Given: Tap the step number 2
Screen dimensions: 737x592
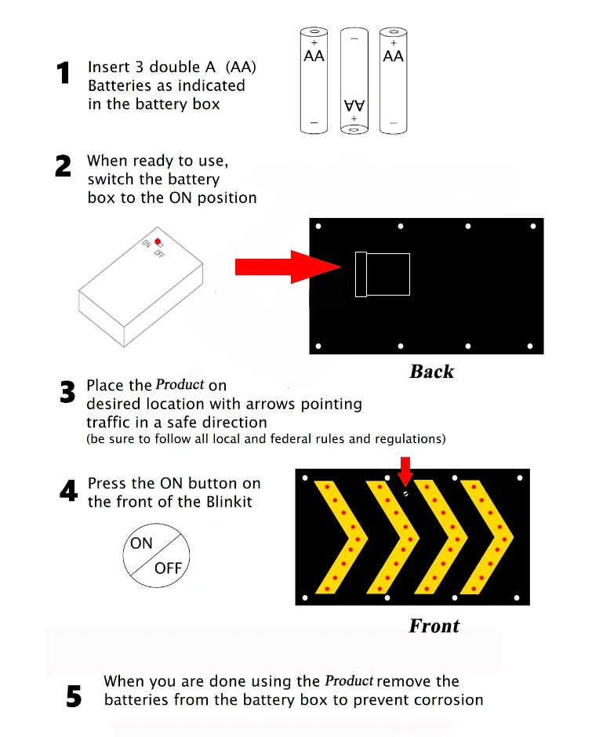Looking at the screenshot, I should [x=64, y=166].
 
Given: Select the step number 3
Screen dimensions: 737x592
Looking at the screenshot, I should [x=67, y=393].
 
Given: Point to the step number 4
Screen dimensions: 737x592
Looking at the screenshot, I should [x=68, y=492].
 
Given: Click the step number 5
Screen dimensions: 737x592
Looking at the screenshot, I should [x=73, y=696].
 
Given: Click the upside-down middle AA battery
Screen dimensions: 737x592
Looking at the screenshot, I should [x=354, y=81].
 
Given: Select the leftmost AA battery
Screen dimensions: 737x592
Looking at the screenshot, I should [x=314, y=81].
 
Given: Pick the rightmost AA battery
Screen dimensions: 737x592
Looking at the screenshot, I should [x=393, y=81].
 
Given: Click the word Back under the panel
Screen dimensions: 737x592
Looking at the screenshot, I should [x=431, y=372].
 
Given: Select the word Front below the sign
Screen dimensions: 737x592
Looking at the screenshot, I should [x=434, y=626].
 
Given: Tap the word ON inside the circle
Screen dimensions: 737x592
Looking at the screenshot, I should [x=142, y=543].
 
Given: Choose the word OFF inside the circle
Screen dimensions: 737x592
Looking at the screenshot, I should [x=168, y=568].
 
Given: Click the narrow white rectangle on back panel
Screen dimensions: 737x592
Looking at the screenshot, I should [x=361, y=274].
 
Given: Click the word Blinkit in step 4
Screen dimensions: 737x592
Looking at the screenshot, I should [x=227, y=502].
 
